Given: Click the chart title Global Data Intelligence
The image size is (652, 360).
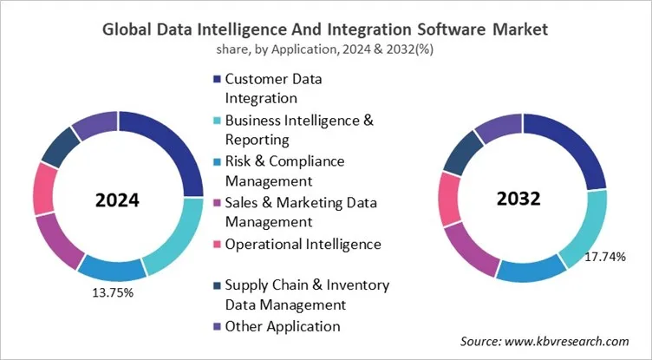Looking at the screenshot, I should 325,29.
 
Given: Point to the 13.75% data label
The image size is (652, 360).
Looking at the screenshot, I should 113,292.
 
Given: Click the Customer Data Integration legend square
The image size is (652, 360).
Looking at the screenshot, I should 217,81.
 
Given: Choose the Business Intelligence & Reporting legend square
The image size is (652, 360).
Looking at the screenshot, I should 217,121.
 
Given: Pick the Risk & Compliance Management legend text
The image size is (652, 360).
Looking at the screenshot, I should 284,171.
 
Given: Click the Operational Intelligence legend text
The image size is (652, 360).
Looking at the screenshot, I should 303,244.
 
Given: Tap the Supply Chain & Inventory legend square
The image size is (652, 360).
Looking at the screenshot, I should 217,285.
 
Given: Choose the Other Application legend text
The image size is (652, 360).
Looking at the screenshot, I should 283,326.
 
